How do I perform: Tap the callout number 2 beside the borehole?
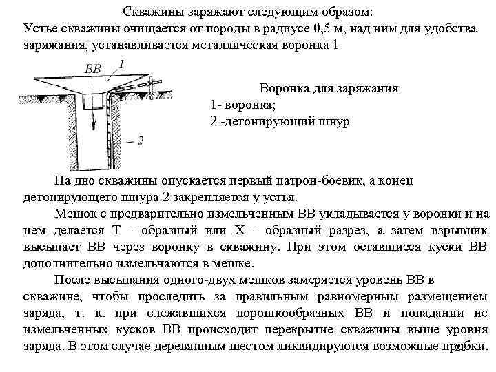tap(141, 141)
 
